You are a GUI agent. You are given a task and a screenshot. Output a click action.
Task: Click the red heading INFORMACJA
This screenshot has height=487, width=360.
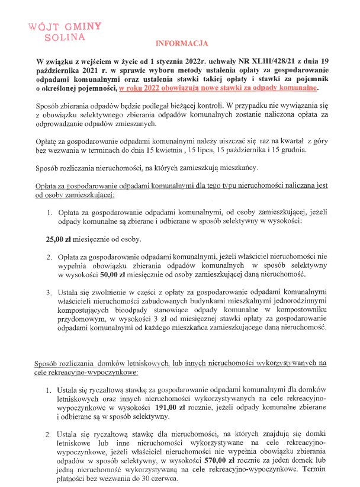coord(182,44)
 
